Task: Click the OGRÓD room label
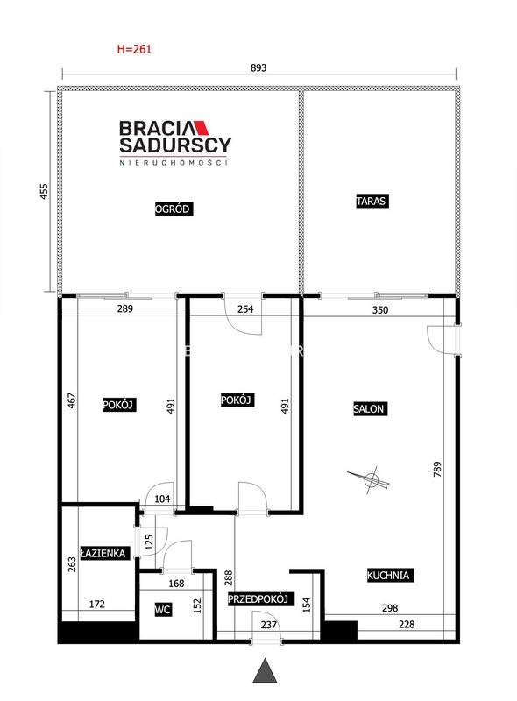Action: tap(174, 209)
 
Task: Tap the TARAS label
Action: tap(372, 201)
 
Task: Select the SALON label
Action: tap(369, 408)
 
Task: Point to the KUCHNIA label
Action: tap(389, 575)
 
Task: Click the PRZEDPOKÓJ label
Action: tap(258, 599)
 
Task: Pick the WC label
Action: tap(163, 609)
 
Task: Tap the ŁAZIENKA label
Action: tap(103, 553)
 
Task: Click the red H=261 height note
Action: tap(134, 49)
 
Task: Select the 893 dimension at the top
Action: tap(258, 67)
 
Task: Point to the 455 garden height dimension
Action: tap(44, 191)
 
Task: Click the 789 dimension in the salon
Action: tap(437, 469)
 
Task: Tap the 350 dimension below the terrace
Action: tap(380, 310)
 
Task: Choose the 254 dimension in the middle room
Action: tap(245, 309)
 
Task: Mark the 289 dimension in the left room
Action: tap(124, 308)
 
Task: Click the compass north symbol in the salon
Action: tap(371, 479)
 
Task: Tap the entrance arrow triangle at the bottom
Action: tap(265, 671)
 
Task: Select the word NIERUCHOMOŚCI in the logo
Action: tap(174, 163)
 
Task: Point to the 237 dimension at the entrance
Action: tap(269, 625)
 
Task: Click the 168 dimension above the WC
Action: tap(176, 584)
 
